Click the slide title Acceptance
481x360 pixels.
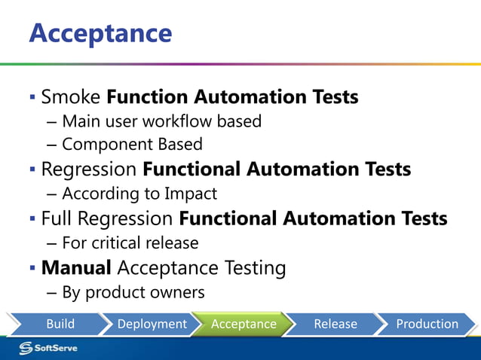click(x=100, y=32)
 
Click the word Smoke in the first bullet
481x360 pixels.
click(x=71, y=97)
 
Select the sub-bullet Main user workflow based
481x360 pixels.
click(x=161, y=121)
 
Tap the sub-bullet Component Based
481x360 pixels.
click(x=132, y=145)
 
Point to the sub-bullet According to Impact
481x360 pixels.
click(x=139, y=194)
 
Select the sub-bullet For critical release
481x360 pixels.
click(x=130, y=243)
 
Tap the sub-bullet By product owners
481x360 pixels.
click(x=133, y=291)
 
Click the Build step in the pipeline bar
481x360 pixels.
click(x=60, y=324)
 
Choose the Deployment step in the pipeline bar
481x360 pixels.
click(x=152, y=324)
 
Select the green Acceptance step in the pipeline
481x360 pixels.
click(x=243, y=324)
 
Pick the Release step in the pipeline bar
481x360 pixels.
click(x=335, y=324)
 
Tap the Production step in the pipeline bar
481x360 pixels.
click(x=427, y=324)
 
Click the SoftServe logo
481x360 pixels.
click(x=48, y=347)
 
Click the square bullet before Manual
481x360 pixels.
click(x=32, y=267)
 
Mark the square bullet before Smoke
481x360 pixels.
click(x=32, y=97)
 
